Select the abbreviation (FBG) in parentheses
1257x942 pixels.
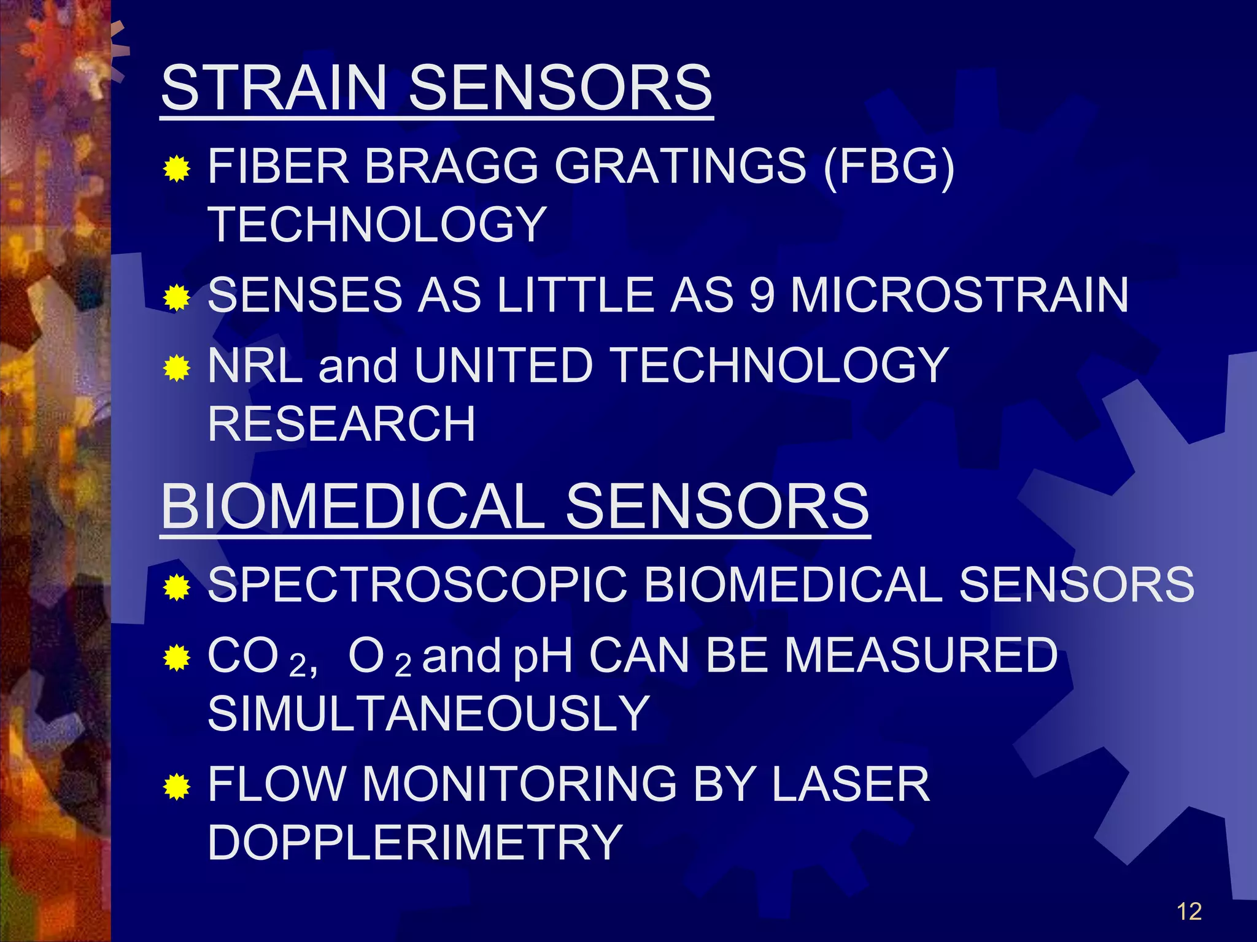[x=889, y=166]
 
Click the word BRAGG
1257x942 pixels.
[x=451, y=166]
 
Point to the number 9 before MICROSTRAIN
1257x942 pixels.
[x=762, y=295]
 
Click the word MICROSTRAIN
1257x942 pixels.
[x=959, y=295]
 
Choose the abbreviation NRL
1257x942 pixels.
[x=255, y=366]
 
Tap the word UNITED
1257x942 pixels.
[x=503, y=366]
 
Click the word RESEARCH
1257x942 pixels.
[x=341, y=424]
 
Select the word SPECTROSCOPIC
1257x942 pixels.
[x=417, y=584]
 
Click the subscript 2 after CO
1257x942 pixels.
[x=298, y=666]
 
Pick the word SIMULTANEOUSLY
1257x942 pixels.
[x=428, y=714]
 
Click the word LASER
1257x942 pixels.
[x=851, y=784]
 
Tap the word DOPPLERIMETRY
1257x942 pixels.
[x=415, y=843]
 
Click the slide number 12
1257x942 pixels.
[x=1189, y=912]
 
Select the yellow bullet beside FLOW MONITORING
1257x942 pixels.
[x=177, y=787]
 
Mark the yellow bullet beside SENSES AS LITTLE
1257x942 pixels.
[x=177, y=298]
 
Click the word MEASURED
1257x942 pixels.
[x=921, y=656]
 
